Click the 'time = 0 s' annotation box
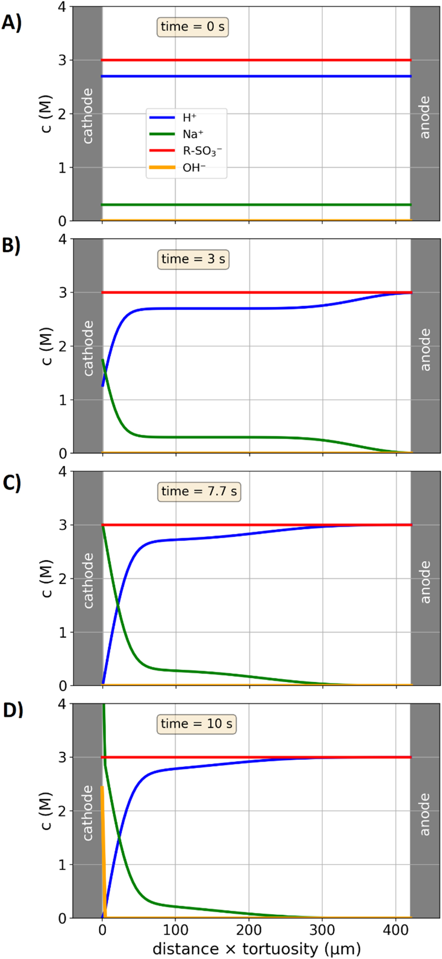193,27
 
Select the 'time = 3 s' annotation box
193,259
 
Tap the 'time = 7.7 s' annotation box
199,492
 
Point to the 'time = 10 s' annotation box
196,724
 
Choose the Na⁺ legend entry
193,134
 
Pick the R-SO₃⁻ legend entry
202,151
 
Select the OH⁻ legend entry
194,168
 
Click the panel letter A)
11,22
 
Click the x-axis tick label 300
322,930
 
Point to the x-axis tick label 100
175,930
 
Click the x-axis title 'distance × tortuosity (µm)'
256,949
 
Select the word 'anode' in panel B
424,350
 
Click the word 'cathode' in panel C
88,580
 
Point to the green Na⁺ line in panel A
256,205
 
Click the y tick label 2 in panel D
62,811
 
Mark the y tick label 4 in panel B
62,239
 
